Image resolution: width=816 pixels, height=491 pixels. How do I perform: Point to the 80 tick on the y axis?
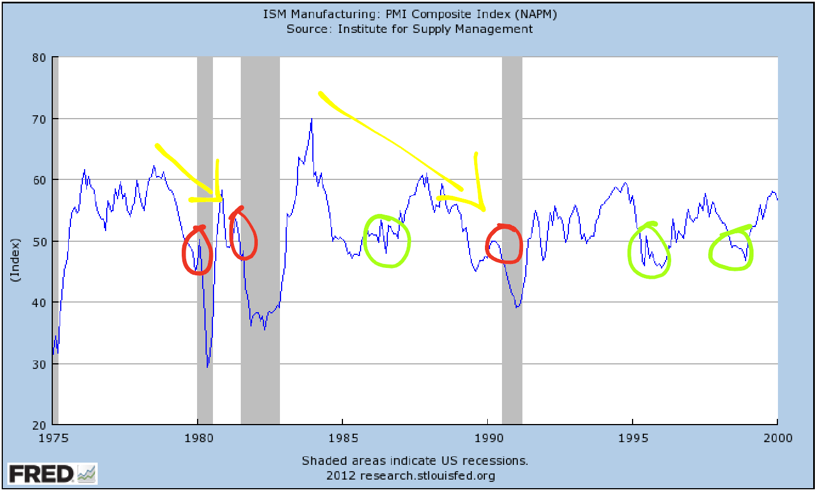point(38,57)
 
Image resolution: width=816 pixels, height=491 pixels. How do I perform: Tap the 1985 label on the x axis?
point(342,438)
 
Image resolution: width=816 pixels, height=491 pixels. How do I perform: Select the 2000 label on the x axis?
point(777,438)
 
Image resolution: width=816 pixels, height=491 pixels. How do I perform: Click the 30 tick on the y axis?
point(38,364)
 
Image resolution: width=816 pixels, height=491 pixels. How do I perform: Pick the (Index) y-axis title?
point(15,259)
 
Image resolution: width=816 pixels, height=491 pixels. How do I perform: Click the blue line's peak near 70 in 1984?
point(311,119)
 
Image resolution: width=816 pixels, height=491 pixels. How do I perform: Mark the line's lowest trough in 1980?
point(207,367)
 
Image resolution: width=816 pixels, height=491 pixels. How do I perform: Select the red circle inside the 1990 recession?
point(504,244)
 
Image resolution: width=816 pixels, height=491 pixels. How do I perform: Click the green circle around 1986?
point(387,241)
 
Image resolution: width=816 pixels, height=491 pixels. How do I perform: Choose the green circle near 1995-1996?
point(649,250)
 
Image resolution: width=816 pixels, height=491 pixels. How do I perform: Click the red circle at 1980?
point(197,250)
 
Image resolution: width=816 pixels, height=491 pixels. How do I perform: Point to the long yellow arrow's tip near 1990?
point(484,211)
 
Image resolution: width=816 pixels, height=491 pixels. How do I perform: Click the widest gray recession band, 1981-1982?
point(260,238)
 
